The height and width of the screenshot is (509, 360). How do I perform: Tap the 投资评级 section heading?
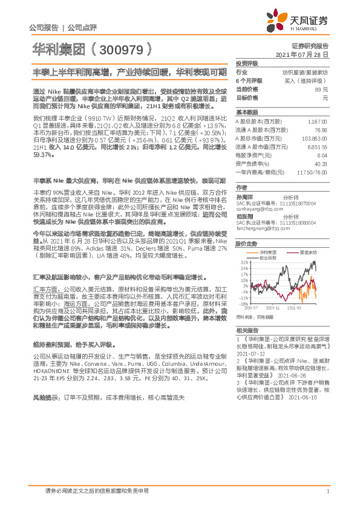(247, 63)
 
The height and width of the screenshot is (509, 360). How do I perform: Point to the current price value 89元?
(321, 89)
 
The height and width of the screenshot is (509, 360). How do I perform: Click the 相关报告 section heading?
(247, 330)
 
